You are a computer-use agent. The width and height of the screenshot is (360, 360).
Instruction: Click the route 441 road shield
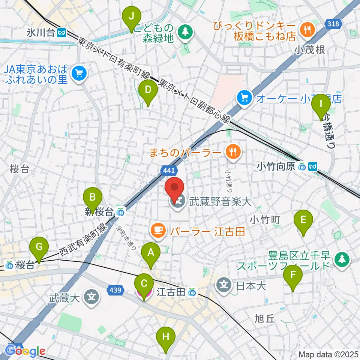click(x=169, y=171)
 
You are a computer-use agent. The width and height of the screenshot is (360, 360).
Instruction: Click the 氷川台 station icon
click(x=61, y=33)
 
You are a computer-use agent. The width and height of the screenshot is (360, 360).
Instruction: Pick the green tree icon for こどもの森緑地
click(x=184, y=32)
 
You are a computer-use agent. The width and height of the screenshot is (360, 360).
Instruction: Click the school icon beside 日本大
click(x=224, y=286)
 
